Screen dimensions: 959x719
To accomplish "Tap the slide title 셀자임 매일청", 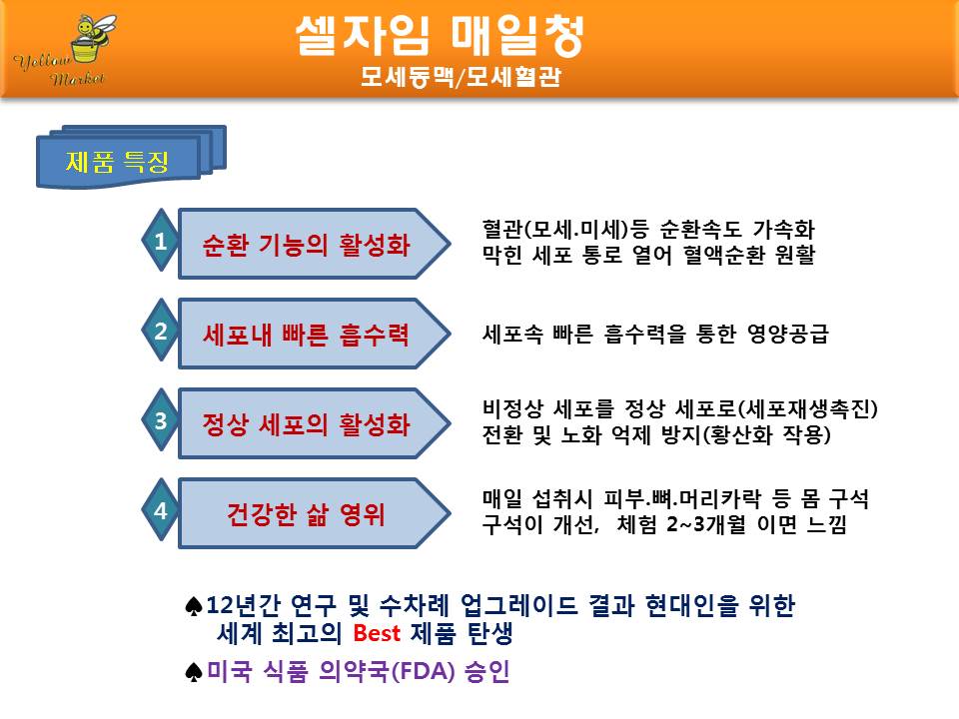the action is (440, 36).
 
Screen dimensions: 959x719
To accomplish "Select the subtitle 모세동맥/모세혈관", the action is (460, 77).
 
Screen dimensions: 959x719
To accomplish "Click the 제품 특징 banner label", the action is (117, 162).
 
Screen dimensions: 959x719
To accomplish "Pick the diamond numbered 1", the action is (160, 241).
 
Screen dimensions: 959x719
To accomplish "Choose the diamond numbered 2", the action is (160, 331).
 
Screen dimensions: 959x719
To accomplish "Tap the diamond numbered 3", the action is (160, 420).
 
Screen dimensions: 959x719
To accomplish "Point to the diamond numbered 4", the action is (160, 510).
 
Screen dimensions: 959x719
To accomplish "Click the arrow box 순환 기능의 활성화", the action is (314, 244).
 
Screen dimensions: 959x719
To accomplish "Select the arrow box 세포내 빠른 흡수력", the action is (314, 334).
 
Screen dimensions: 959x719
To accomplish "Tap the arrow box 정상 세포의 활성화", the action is (314, 423).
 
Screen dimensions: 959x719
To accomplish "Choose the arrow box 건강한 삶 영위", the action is (314, 513).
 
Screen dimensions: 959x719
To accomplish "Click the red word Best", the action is (377, 633).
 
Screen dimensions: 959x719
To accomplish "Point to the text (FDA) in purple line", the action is (424, 671).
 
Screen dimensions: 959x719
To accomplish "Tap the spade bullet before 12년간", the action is (193, 606).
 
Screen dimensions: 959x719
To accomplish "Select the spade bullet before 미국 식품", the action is (193, 672).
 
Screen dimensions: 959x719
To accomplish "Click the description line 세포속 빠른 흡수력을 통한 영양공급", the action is (655, 334).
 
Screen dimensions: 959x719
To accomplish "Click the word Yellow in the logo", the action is (43, 61).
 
